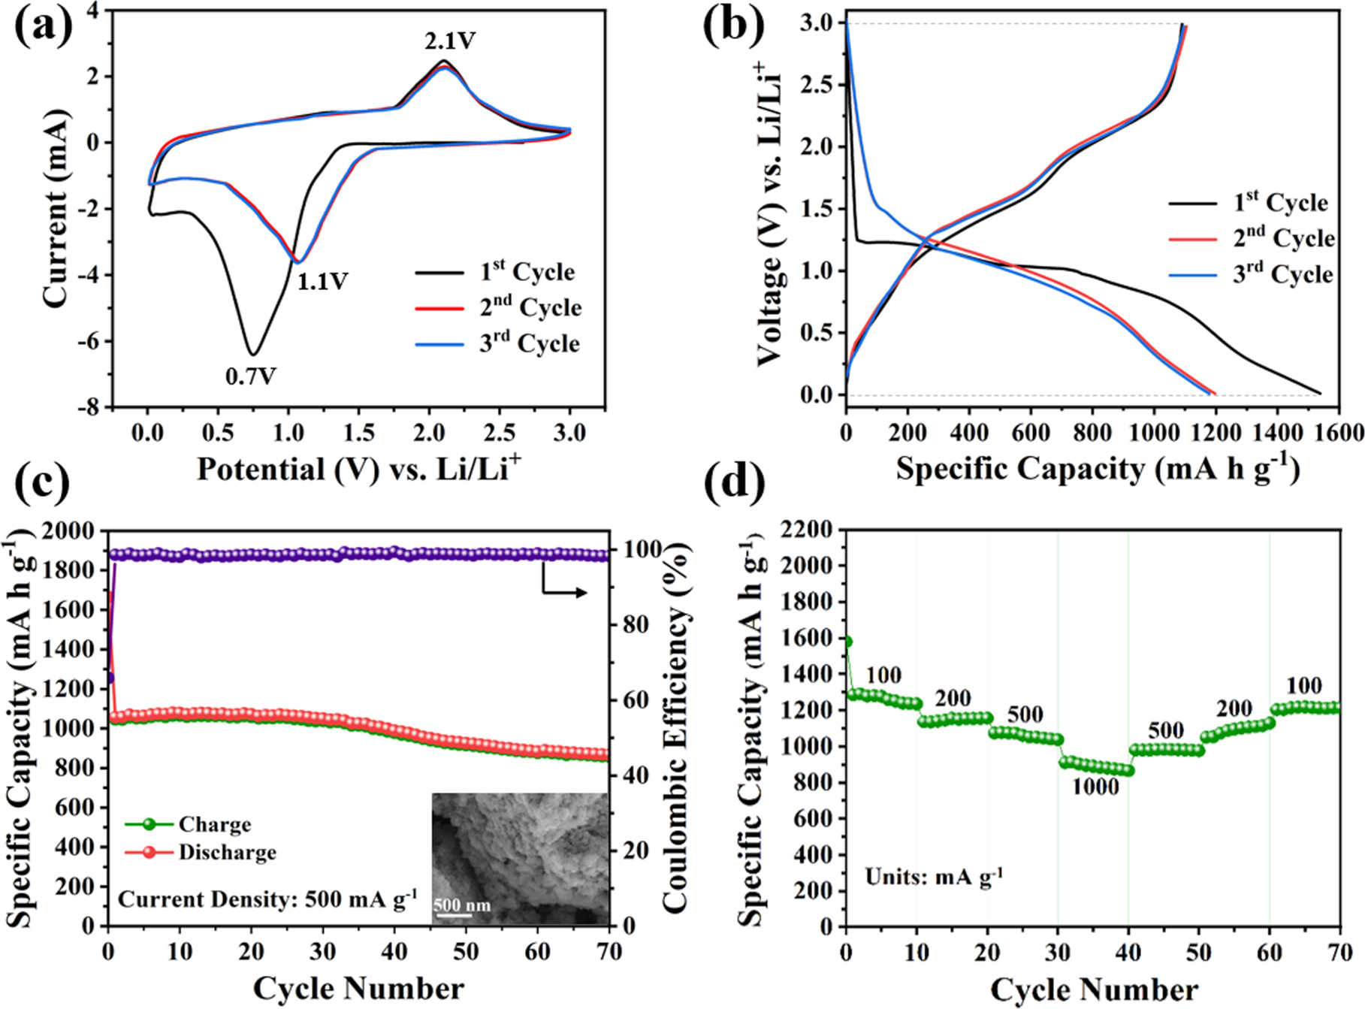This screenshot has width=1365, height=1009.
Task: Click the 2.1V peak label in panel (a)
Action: pos(450,41)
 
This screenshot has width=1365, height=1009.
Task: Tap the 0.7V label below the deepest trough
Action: pos(251,376)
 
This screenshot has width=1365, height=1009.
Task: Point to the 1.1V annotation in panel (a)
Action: pos(322,282)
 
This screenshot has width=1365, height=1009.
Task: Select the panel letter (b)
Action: pos(733,27)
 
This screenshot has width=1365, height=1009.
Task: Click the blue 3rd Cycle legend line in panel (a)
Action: pos(439,345)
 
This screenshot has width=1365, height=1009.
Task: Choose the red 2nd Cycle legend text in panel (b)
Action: pos(1283,238)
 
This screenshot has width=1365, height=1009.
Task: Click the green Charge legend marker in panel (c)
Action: pos(149,824)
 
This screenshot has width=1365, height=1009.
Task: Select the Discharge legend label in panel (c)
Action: pos(227,853)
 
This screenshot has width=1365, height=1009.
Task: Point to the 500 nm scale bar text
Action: pos(461,905)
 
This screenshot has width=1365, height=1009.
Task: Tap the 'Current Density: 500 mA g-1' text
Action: pos(267,899)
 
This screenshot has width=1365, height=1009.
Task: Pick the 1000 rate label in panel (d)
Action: pos(1095,787)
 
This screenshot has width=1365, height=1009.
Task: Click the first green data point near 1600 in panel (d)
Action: pos(847,642)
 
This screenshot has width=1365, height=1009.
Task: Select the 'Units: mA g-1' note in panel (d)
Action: pos(934,877)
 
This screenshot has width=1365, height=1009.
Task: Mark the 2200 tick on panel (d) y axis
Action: pos(809,530)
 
